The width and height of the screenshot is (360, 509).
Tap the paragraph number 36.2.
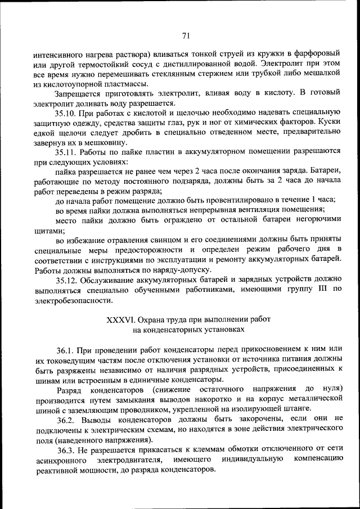(x=66, y=418)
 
